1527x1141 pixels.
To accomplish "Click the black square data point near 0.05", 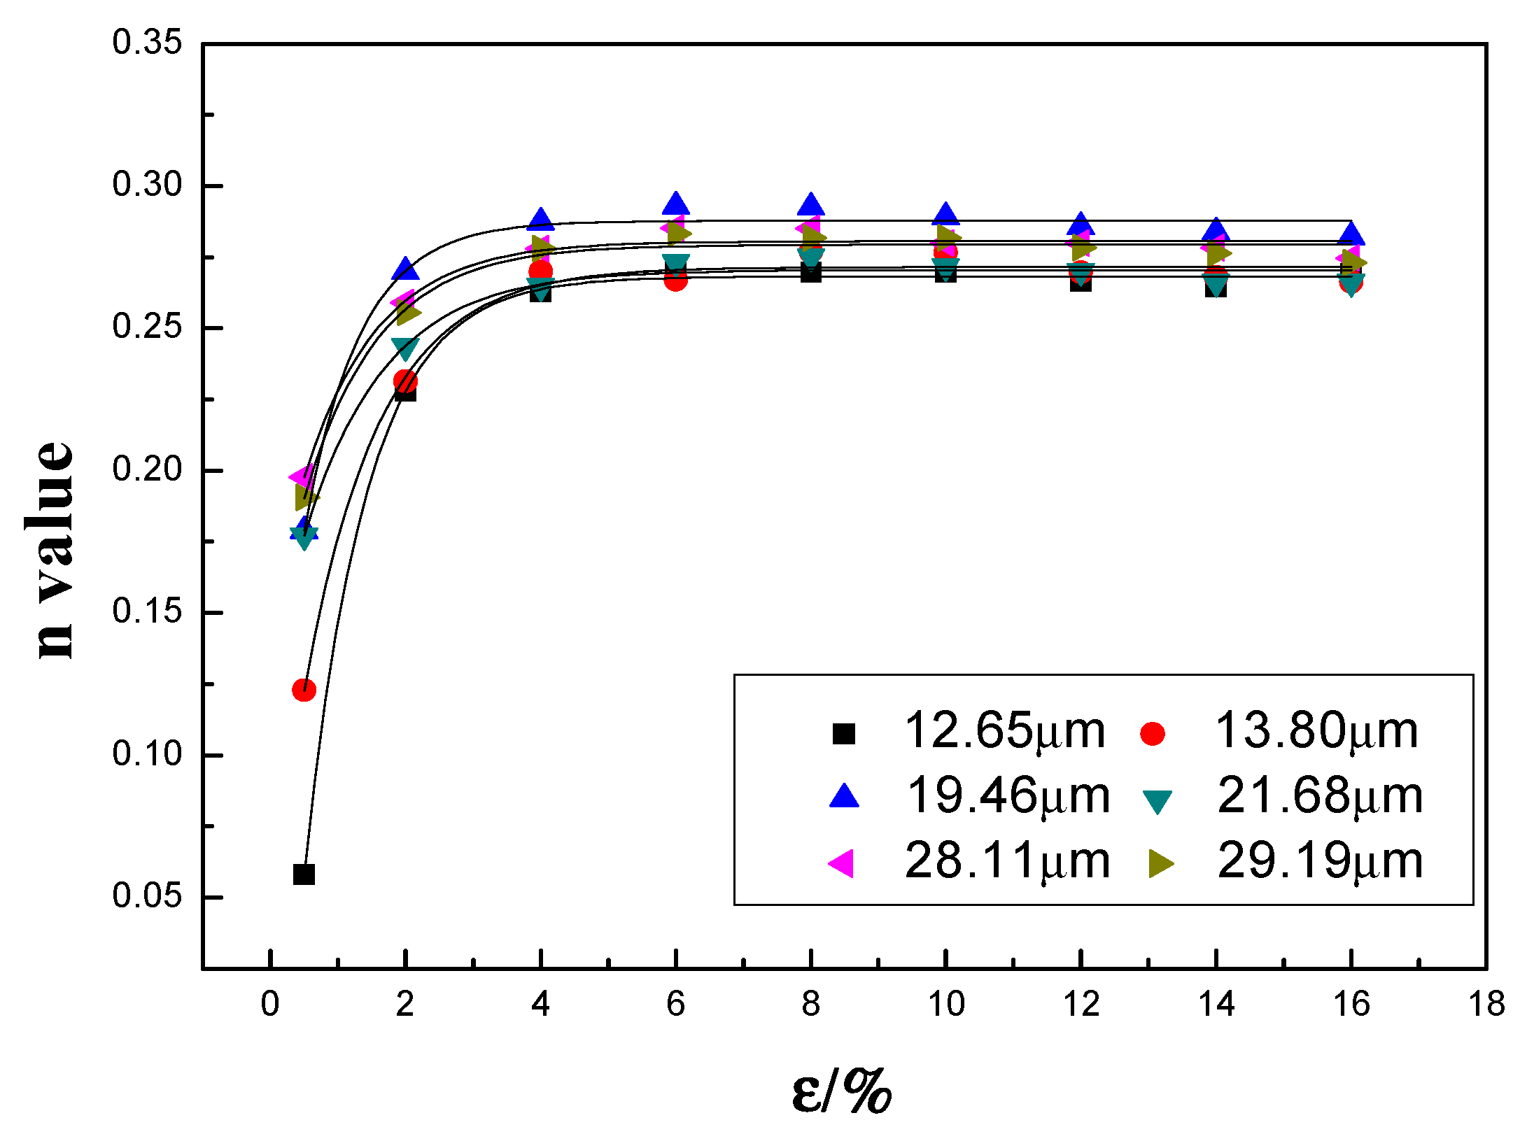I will coord(304,874).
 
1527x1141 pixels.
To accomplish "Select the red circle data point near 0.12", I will coord(304,690).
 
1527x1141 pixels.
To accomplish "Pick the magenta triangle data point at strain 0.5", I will coord(302,477).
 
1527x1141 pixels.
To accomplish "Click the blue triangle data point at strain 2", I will coord(405,269).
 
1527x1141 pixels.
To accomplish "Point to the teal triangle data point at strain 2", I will coord(405,348).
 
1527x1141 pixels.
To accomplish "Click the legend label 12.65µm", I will coord(1004,732).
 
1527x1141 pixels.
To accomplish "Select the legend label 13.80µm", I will coord(1316,732).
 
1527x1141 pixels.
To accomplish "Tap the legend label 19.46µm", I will coord(1008,797).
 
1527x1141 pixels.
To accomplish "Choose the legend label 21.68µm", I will coord(1320,797).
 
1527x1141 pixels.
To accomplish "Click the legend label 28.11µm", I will coord(1008,861).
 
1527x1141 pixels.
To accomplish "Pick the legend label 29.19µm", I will coord(1320,861).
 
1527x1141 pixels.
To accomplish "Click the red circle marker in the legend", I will coord(1152,734).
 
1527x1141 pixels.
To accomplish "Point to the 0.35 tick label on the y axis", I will coord(147,43).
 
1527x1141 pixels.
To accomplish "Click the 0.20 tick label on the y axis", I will coord(147,469).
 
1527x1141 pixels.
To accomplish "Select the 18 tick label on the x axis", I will coord(1486,1005).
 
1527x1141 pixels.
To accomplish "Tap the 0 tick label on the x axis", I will coord(270,1005).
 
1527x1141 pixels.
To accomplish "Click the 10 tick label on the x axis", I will coord(946,1005).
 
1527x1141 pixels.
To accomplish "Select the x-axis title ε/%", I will coord(842,1091).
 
